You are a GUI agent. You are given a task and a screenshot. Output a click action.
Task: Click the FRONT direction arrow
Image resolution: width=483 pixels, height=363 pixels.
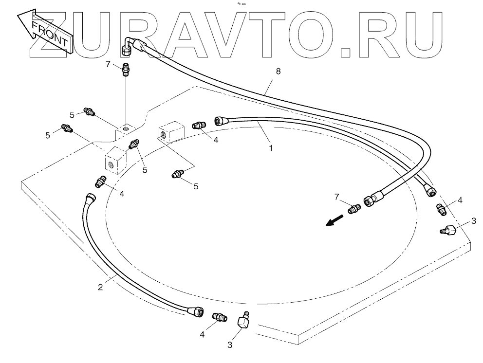point(44,31)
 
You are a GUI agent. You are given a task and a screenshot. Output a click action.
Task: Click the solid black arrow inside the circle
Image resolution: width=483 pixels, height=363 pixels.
point(334,221)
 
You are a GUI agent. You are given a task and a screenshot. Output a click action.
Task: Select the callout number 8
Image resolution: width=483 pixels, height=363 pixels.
point(278,72)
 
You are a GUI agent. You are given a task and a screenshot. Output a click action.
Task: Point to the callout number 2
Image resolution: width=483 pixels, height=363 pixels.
point(100,287)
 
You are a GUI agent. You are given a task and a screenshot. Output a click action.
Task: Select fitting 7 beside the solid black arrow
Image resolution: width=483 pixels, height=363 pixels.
point(354,208)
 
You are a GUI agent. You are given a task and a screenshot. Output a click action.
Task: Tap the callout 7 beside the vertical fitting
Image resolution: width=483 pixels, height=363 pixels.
point(108,63)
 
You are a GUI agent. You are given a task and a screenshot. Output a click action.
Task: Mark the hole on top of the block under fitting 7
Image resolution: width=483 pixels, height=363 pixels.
point(125,128)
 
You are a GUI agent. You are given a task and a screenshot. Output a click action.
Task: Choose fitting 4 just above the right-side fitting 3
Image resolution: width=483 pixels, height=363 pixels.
point(442,210)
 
